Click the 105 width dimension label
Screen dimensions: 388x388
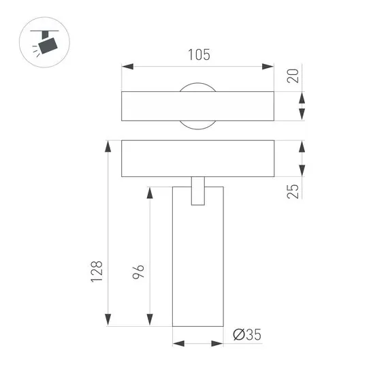click(x=197, y=55)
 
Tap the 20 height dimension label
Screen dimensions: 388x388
click(x=293, y=75)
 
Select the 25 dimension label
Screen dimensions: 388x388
click(x=293, y=191)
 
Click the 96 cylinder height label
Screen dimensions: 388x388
click(x=138, y=272)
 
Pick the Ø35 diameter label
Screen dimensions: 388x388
click(x=246, y=334)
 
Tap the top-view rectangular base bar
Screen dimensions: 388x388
click(x=150, y=106)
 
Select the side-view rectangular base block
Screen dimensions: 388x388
click(x=150, y=158)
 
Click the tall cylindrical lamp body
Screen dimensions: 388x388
click(x=197, y=272)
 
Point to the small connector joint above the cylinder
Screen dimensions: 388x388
click(x=197, y=190)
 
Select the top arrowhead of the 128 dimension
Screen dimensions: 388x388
click(x=107, y=146)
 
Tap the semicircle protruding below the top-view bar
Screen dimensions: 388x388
click(x=197, y=125)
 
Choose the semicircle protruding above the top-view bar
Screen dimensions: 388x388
click(x=197, y=86)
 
